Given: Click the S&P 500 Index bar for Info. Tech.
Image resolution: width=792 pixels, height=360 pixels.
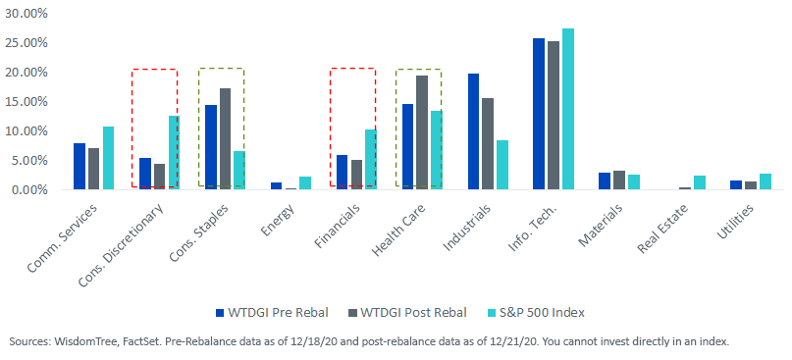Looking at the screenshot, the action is [568, 109].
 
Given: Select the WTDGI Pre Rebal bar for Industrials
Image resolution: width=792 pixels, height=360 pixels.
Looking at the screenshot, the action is [473, 131].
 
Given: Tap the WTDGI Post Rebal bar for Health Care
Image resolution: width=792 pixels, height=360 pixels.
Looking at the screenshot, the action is [422, 132].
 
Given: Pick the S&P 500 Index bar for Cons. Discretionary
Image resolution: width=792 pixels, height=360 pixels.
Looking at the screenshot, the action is [175, 153].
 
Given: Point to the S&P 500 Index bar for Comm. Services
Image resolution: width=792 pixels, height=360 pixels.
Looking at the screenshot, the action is [109, 158].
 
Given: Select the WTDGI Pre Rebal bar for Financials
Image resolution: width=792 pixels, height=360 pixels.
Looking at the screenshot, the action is [342, 173].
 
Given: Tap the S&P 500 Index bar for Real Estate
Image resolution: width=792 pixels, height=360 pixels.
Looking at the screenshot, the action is [700, 182].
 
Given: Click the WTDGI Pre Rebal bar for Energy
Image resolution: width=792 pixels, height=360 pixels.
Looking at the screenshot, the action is [277, 186].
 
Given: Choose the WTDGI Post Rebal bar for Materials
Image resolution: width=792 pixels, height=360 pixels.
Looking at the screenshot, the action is [619, 180].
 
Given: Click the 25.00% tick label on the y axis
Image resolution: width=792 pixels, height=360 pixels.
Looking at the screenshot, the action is [26, 43].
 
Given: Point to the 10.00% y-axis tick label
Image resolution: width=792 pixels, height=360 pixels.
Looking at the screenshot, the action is [26, 131].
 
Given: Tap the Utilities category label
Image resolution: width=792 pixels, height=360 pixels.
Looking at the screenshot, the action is [736, 223].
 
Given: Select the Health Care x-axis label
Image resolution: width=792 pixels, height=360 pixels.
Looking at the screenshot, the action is [398, 229].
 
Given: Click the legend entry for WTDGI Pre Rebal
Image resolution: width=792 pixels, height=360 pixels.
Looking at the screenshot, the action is [272, 313].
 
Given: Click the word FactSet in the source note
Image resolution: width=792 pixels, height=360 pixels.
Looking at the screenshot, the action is [116, 341].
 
